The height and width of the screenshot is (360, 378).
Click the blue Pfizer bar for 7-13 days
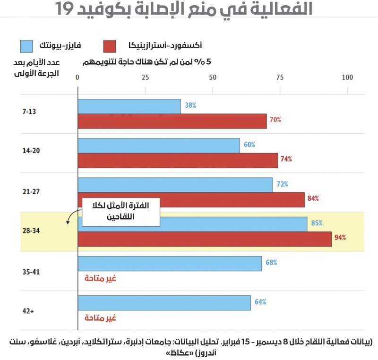pyautogui.click(x=129, y=106)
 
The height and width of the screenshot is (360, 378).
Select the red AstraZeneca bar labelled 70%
pyautogui.click(x=172, y=121)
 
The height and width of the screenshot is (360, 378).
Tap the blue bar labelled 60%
pyautogui.click(x=159, y=146)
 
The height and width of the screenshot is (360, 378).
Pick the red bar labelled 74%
pyautogui.click(x=178, y=160)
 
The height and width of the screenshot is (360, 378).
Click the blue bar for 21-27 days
pyautogui.click(x=175, y=185)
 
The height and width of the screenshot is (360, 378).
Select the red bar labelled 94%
pyautogui.click(x=204, y=239)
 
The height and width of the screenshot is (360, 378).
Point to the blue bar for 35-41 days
pyautogui.click(x=169, y=264)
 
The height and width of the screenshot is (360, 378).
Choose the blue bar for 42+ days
pyautogui.click(x=164, y=303)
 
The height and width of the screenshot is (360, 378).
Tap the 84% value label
pyautogui.click(x=313, y=198)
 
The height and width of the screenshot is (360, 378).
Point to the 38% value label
pyautogui.click(x=190, y=106)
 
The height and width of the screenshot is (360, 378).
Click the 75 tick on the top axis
pyautogui.click(x=280, y=77)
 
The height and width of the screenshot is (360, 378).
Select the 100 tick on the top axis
pyautogui.click(x=347, y=77)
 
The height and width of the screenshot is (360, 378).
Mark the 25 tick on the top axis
pyautogui.click(x=145, y=77)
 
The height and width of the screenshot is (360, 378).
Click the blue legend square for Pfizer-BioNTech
pyautogui.click(x=27, y=46)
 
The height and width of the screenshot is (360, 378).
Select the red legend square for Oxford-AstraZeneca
pyautogui.click(x=110, y=46)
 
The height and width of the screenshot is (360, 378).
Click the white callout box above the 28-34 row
pyautogui.click(x=121, y=211)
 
